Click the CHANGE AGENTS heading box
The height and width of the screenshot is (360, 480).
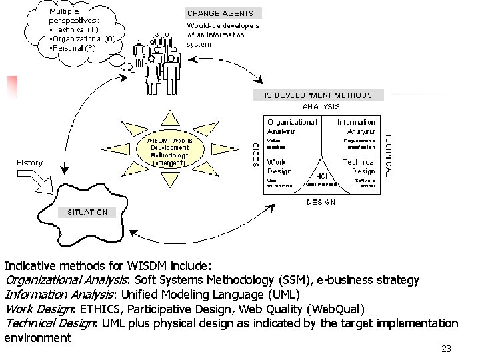click(220, 13)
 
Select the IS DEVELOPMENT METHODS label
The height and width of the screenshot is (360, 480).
click(319, 95)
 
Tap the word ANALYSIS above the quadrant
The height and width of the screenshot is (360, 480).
click(321, 107)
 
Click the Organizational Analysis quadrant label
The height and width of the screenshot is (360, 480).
click(292, 127)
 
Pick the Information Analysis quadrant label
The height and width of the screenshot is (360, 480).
click(356, 127)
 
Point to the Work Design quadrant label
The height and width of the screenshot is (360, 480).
click(279, 166)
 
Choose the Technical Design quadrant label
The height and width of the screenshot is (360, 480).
click(359, 166)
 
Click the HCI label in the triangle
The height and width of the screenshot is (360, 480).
click(321, 176)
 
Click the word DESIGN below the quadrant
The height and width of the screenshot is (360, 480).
click(321, 203)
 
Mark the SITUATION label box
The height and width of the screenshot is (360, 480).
click(87, 212)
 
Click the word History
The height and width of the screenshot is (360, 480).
click(29, 163)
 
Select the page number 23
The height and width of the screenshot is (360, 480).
click(446, 349)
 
